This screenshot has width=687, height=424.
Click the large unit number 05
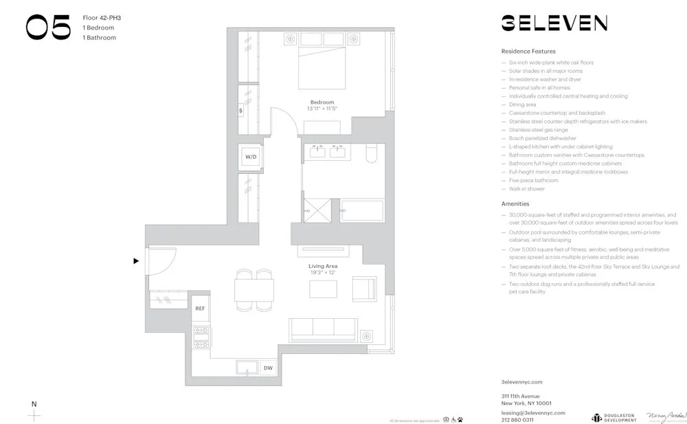[48, 27]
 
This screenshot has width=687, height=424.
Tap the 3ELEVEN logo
[554, 23]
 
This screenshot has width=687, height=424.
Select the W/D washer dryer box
[250, 157]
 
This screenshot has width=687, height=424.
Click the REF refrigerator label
[200, 309]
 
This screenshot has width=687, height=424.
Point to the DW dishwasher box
[268, 368]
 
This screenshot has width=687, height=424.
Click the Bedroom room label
[322, 102]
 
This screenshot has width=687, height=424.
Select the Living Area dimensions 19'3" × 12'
[322, 273]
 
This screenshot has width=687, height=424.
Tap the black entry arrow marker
[136, 260]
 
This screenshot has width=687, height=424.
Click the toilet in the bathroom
[371, 153]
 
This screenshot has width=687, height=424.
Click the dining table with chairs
[254, 289]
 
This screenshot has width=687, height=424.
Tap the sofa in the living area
[323, 329]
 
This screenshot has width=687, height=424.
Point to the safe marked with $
[241, 110]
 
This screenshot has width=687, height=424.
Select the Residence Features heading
[528, 52]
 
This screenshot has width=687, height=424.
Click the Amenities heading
[515, 204]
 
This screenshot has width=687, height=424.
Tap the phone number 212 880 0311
[517, 419]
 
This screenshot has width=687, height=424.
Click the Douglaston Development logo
[613, 418]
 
